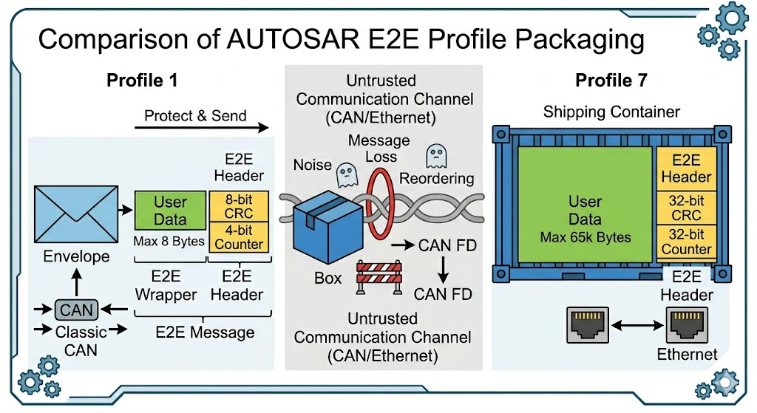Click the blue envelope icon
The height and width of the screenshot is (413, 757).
click(76, 214)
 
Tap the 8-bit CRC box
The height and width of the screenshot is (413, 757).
click(239, 206)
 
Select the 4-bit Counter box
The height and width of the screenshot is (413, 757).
click(239, 237)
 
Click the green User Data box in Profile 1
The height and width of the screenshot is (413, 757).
click(170, 211)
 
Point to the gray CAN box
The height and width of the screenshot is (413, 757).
click(76, 310)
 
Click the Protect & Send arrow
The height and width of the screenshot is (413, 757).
click(201, 127)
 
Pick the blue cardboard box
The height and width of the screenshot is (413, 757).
click(327, 226)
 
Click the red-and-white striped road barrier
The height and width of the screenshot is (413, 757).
click(379, 277)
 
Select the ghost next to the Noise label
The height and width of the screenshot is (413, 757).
click(347, 174)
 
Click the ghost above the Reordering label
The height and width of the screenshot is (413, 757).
click(436, 157)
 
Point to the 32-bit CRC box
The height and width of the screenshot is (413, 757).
click(686, 208)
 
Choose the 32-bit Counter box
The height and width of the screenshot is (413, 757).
click(686, 242)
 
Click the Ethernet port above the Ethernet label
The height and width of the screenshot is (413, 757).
click(687, 324)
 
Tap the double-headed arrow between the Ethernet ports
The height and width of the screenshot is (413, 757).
click(637, 326)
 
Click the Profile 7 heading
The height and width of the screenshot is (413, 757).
click(611, 80)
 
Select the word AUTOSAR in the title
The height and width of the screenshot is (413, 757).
click(293, 39)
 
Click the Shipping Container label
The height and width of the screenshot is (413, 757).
click(611, 112)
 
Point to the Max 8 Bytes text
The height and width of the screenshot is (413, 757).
click(169, 242)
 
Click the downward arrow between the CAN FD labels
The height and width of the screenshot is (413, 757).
click(444, 270)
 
